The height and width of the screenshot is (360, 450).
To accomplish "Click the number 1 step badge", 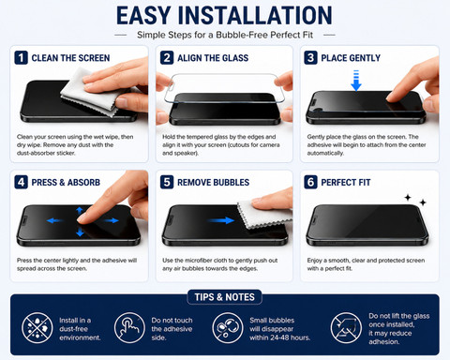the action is (x=22, y=58).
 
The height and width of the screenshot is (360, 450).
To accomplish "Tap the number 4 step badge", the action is (x=22, y=182).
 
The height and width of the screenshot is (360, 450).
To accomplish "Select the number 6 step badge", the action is (x=310, y=182).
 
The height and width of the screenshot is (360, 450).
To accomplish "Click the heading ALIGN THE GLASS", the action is (x=213, y=58).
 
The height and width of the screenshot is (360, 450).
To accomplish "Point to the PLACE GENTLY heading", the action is (x=351, y=58).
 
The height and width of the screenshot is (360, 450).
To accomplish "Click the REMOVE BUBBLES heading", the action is (x=213, y=183).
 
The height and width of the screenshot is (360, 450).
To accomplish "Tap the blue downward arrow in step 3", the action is (x=356, y=81).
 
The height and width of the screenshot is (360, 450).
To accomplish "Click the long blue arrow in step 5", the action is (x=220, y=220).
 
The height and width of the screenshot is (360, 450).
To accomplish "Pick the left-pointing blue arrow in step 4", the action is (x=54, y=220).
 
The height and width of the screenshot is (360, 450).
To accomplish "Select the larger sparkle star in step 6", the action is (x=408, y=198).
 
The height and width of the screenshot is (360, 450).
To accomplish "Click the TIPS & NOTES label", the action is (x=224, y=297).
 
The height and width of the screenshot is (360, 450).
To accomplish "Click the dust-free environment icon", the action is (x=37, y=327).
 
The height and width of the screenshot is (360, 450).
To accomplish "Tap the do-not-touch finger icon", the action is (x=129, y=327).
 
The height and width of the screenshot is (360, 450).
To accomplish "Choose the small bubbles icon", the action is (x=228, y=327).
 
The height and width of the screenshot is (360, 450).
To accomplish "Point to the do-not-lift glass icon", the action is (x=346, y=327).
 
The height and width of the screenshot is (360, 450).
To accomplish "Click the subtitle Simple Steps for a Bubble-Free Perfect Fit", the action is (x=225, y=35).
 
